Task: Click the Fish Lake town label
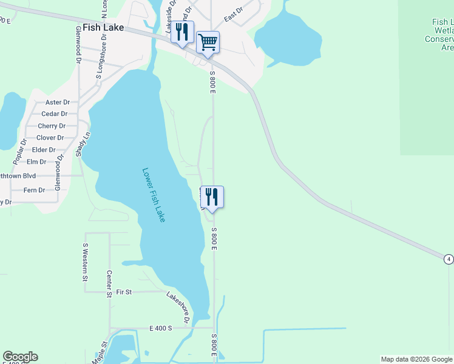[x=103, y=28]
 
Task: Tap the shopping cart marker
[x=208, y=42]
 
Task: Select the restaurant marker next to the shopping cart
[x=182, y=32]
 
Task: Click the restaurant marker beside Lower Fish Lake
[x=211, y=197]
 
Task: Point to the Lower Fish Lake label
[x=154, y=195]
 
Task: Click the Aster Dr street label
[x=58, y=103]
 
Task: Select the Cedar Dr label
[x=54, y=114]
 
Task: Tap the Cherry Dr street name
[x=52, y=126]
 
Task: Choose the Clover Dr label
[x=50, y=138]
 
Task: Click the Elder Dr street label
[x=44, y=150]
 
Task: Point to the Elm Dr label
[x=37, y=162]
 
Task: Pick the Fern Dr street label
[x=33, y=190]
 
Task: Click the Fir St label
[x=124, y=292]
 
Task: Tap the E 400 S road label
[x=161, y=328]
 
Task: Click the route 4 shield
[x=448, y=259]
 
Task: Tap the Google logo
[x=20, y=357]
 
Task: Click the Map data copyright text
[x=416, y=359]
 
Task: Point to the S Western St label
[x=86, y=263]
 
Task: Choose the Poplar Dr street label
[x=19, y=152]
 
